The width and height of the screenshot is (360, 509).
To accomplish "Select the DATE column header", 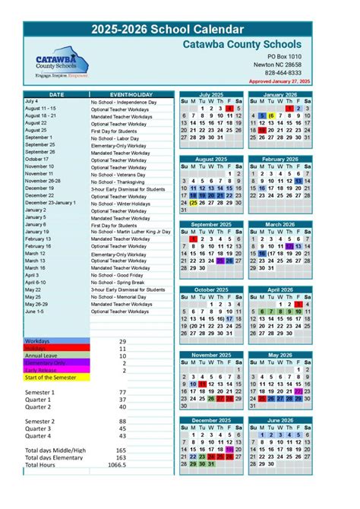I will tap(56, 94).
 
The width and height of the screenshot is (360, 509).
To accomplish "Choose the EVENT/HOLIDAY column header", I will tap(133, 94).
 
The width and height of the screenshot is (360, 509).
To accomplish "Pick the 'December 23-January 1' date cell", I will tap(50, 203).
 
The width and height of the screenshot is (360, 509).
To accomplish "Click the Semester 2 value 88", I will tap(122, 421).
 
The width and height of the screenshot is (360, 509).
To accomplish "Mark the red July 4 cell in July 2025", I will tap(229, 109).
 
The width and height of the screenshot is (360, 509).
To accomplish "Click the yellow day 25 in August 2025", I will tap(194, 203).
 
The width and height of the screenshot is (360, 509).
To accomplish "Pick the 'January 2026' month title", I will tap(280, 94).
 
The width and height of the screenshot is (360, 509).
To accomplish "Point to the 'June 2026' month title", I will tap(280, 420).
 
